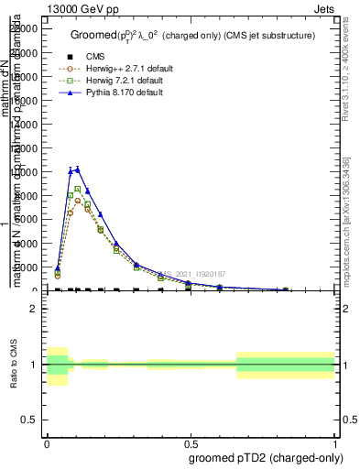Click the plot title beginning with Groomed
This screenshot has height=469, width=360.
(x=192, y=35)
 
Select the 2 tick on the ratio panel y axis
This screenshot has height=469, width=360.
(x=34, y=309)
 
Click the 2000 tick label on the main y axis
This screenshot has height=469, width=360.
(x=27, y=267)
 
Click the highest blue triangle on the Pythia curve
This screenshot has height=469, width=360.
(x=78, y=169)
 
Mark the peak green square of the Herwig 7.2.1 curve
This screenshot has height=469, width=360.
(x=78, y=189)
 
